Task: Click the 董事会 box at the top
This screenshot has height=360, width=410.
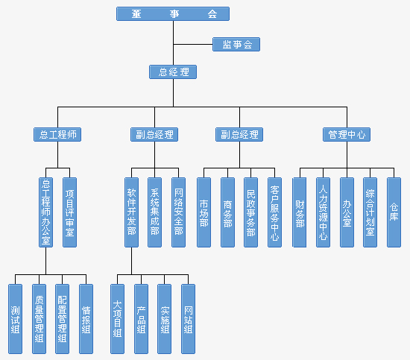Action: (173, 14)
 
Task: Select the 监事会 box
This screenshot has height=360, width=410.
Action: (236, 45)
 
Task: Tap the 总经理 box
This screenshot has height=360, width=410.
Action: (173, 72)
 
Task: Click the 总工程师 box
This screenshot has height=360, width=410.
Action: (57, 135)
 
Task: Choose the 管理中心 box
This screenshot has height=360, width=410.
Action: (347, 135)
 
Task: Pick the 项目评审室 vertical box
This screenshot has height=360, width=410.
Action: (69, 212)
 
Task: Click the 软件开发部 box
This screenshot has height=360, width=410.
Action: (131, 212)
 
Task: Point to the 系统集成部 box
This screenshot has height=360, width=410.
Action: (154, 212)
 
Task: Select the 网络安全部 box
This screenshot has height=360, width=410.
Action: (179, 212)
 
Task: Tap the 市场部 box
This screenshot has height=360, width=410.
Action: (204, 212)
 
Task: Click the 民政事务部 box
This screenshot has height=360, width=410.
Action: (250, 212)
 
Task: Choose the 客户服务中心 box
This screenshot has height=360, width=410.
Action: (274, 212)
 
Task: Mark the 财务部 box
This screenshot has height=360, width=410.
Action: (300, 212)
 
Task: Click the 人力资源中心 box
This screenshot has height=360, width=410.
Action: (324, 212)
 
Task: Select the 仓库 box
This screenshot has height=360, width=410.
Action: (394, 212)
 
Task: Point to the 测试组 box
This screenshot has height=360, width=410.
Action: (15, 319)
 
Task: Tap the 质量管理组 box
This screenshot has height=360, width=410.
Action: (39, 319)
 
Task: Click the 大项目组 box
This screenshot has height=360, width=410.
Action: (117, 319)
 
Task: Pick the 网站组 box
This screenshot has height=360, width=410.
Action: (189, 319)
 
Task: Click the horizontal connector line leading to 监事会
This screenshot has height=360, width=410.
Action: (193, 45)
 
